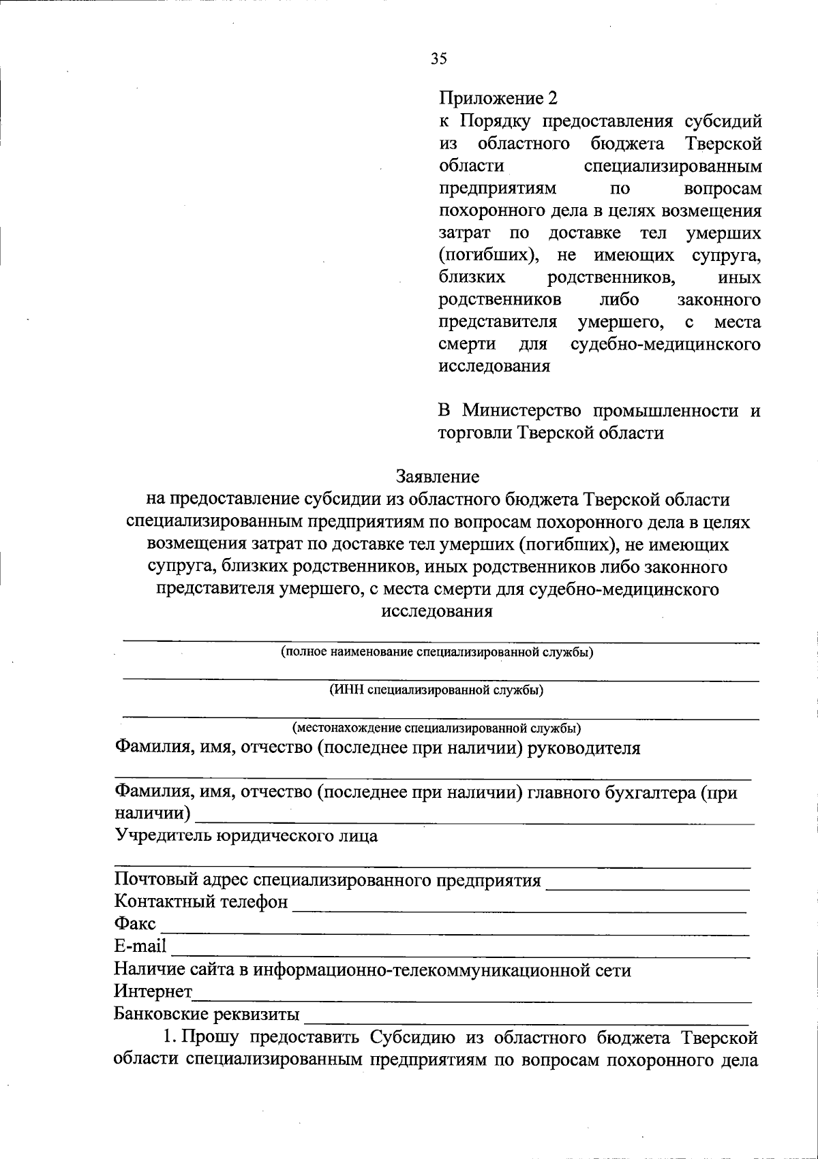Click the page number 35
coord(438,59)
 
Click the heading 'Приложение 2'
coord(497,99)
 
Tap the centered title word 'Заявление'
coord(437,477)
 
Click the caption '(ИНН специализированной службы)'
coord(437,690)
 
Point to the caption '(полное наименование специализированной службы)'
coord(437,652)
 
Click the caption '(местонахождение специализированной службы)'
coord(437,728)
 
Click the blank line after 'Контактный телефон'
coord(518,910)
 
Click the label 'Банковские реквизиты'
coord(207,1015)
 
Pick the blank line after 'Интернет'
coord(470,1000)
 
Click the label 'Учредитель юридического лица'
coord(246,836)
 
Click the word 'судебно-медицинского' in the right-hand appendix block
coord(665,345)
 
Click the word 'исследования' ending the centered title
coord(437,611)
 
